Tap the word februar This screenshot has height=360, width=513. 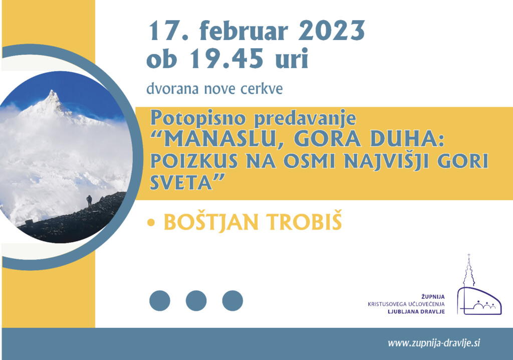244,31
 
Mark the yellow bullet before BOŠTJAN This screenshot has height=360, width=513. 151,223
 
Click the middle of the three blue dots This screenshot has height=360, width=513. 196,300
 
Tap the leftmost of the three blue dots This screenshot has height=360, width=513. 160,300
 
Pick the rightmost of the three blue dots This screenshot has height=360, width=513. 232,300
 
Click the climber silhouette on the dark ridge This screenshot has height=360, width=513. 89,201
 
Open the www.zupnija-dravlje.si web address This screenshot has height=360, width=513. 434,343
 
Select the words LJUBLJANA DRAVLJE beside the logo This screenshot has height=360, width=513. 416,311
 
